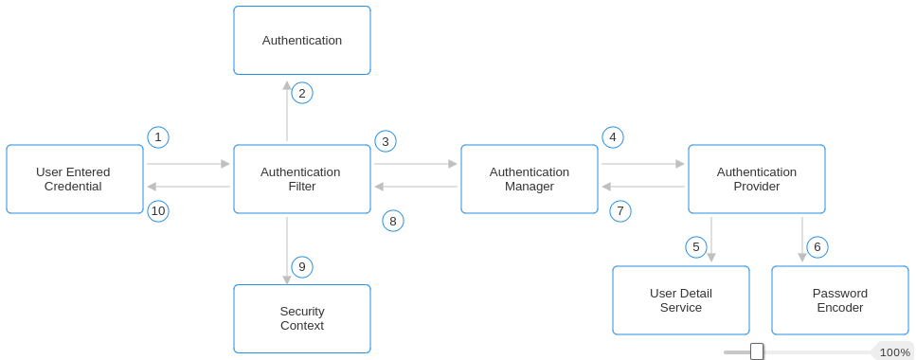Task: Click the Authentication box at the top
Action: coord(302,41)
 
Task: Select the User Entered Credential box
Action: coord(75,179)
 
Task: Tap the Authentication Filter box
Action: coord(302,179)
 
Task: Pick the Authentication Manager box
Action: coord(530,179)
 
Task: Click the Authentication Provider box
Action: coord(757,179)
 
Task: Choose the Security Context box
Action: coord(302,318)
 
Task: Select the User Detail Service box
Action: coord(681,300)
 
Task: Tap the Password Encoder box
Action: coord(840,300)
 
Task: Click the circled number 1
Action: coord(158,137)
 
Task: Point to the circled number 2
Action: coord(302,93)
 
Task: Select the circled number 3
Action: coord(386,141)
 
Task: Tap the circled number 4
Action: coord(613,137)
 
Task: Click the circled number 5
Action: coord(696,247)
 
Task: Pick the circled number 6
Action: coord(817,247)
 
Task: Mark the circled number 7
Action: coord(620,211)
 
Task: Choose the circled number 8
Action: coord(393,221)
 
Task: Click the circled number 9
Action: coord(302,267)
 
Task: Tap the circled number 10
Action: coord(158,211)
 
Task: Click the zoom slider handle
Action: coord(757,351)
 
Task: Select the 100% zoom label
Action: coord(894,351)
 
